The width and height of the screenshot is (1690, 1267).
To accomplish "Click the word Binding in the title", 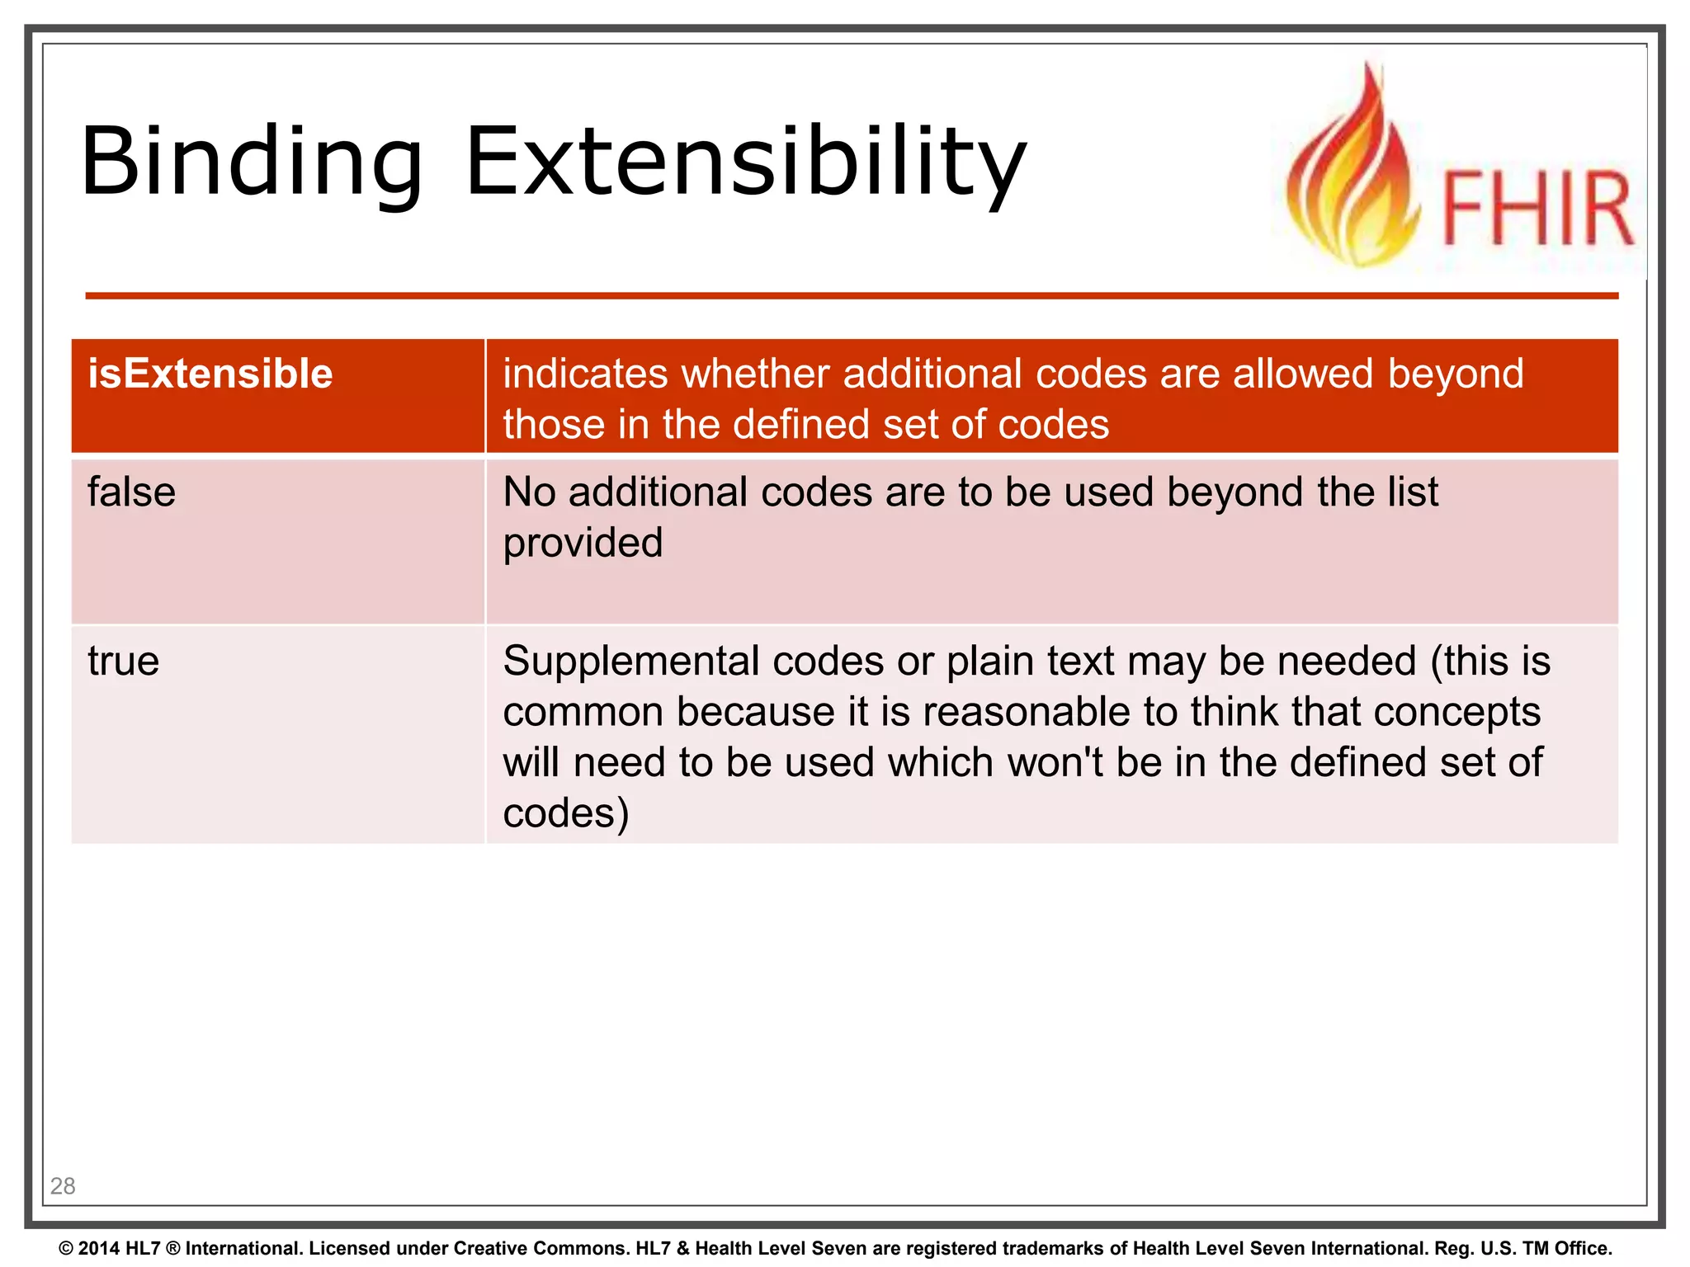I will [x=252, y=162].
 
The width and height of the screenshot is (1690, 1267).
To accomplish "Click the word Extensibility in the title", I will [x=745, y=162].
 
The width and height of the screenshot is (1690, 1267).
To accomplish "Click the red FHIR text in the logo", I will [x=1536, y=208].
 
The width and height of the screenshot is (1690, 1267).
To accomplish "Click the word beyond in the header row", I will [x=1455, y=374].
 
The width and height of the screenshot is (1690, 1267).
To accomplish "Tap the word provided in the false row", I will [x=583, y=544].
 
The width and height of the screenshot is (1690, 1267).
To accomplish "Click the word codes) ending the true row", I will [x=566, y=813].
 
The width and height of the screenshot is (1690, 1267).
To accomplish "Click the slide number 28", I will [x=63, y=1186].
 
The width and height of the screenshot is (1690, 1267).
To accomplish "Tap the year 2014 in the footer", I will [x=100, y=1248].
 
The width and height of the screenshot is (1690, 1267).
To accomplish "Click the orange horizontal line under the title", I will [x=850, y=295].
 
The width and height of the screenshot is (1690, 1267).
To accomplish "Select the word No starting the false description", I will [x=529, y=492].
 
